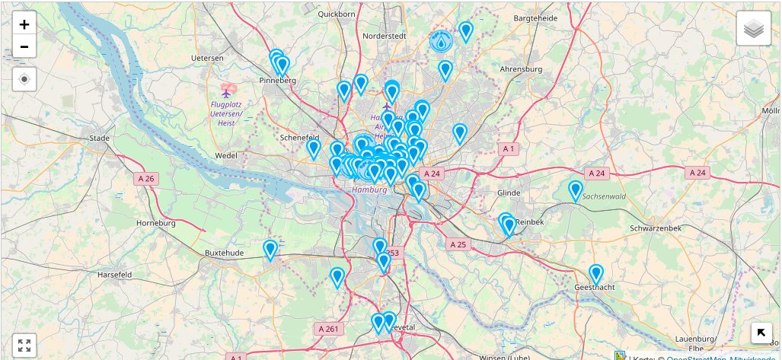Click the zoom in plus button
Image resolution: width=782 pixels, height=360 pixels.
click(24, 24)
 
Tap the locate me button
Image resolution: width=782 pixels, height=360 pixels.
click(24, 78)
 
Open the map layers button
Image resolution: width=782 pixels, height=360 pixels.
click(753, 30)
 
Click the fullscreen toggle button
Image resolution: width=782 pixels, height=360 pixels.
click(24, 346)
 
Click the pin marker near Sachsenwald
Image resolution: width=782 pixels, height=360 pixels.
click(576, 190)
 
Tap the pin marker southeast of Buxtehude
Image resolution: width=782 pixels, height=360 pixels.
click(270, 250)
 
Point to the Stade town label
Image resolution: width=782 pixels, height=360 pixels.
click(100, 138)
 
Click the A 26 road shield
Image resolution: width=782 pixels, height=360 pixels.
click(145, 179)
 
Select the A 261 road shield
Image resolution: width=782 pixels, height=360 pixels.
click(330, 329)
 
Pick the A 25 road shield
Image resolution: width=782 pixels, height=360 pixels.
click(458, 244)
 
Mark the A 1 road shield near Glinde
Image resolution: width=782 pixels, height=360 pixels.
click(509, 148)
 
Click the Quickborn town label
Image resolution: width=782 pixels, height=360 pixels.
click(337, 14)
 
